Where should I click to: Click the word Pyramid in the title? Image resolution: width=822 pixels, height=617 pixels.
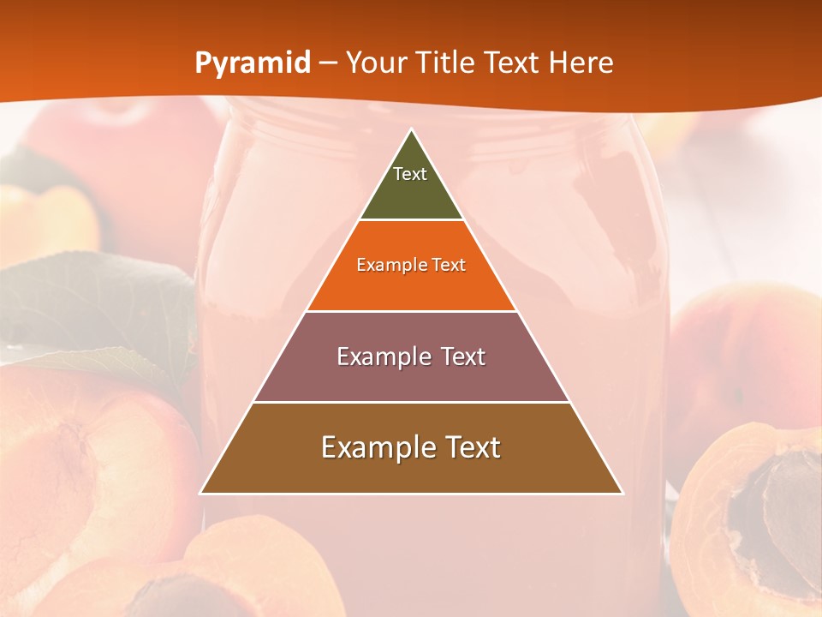coord(253,63)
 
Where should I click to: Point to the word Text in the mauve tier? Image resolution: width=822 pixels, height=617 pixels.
coord(463,356)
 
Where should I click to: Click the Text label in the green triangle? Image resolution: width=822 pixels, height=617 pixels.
coord(410,174)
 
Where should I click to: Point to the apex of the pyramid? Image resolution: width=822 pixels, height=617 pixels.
coord(412,131)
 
